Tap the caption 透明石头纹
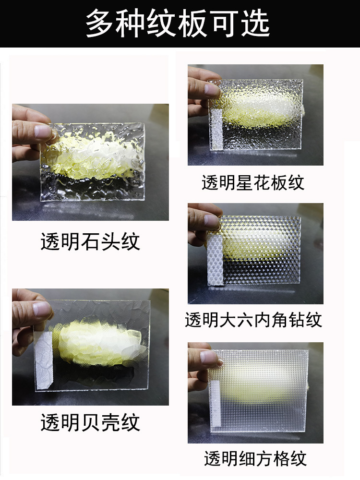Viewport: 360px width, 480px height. pos(90,241)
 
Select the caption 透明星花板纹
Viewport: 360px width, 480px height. pos(253,183)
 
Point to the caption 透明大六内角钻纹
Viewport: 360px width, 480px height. pos(253,320)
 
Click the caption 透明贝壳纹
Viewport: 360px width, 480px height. pos(90,422)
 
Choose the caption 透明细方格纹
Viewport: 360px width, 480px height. pos(255,458)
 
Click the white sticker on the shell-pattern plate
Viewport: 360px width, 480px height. pos(44,360)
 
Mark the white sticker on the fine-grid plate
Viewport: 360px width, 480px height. pos(215,404)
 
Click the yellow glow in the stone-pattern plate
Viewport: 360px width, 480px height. pos(91,158)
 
